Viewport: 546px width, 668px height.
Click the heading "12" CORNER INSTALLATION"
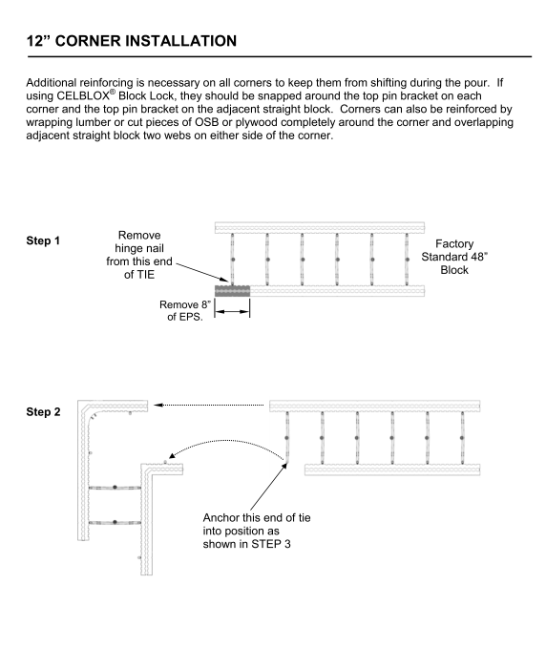coord(132,41)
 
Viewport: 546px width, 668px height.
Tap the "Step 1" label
coord(43,240)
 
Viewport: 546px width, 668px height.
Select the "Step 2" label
coord(43,412)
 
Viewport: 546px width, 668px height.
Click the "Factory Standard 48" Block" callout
coord(454,257)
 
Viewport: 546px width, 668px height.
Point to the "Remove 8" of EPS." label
coord(185,310)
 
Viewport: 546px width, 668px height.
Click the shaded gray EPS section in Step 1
coord(232,291)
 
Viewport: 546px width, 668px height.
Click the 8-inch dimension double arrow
coord(232,312)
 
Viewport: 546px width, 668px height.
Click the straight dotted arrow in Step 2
coord(209,405)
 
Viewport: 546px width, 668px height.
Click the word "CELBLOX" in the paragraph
coord(83,95)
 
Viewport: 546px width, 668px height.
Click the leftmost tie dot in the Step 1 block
coord(233,260)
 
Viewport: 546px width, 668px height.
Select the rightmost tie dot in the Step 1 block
coord(407,260)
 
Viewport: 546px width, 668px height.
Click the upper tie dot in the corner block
coord(115,487)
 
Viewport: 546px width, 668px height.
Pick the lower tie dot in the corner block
coord(115,522)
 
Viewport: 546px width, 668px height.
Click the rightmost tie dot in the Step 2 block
coord(462,438)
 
